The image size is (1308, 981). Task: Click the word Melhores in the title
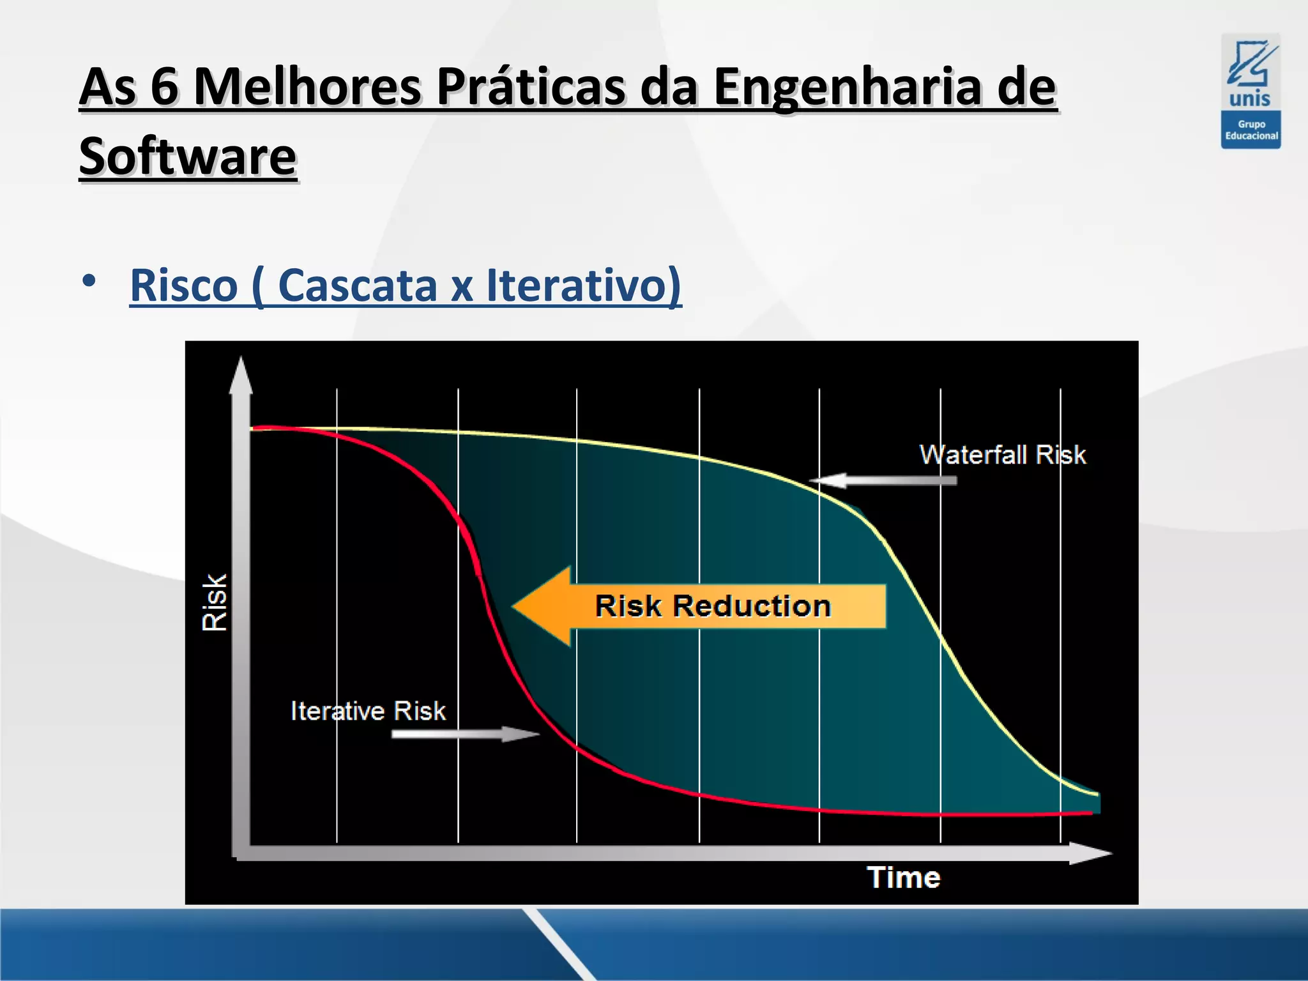click(x=307, y=87)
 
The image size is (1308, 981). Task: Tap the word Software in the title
click(x=188, y=157)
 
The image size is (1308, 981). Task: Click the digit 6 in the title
click(x=164, y=87)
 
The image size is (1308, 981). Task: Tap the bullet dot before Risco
click(x=89, y=281)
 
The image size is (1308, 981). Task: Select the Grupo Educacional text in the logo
click(x=1251, y=130)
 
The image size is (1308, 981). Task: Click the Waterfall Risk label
click(x=1002, y=455)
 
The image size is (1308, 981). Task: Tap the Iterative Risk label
click(x=368, y=711)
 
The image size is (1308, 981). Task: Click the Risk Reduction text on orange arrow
click(x=713, y=606)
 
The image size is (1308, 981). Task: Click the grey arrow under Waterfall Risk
click(x=885, y=480)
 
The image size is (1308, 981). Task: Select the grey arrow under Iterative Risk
click(x=465, y=734)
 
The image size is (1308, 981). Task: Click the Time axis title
click(x=903, y=878)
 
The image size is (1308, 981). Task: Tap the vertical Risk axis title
click(x=215, y=602)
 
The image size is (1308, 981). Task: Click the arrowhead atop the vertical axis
click(x=241, y=375)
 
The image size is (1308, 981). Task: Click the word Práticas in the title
click(x=531, y=87)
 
